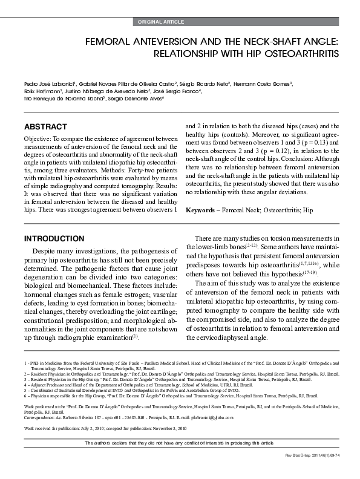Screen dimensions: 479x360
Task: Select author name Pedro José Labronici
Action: pyautogui.click(x=48, y=83)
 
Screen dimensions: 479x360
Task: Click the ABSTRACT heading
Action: pyautogui.click(x=45, y=127)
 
